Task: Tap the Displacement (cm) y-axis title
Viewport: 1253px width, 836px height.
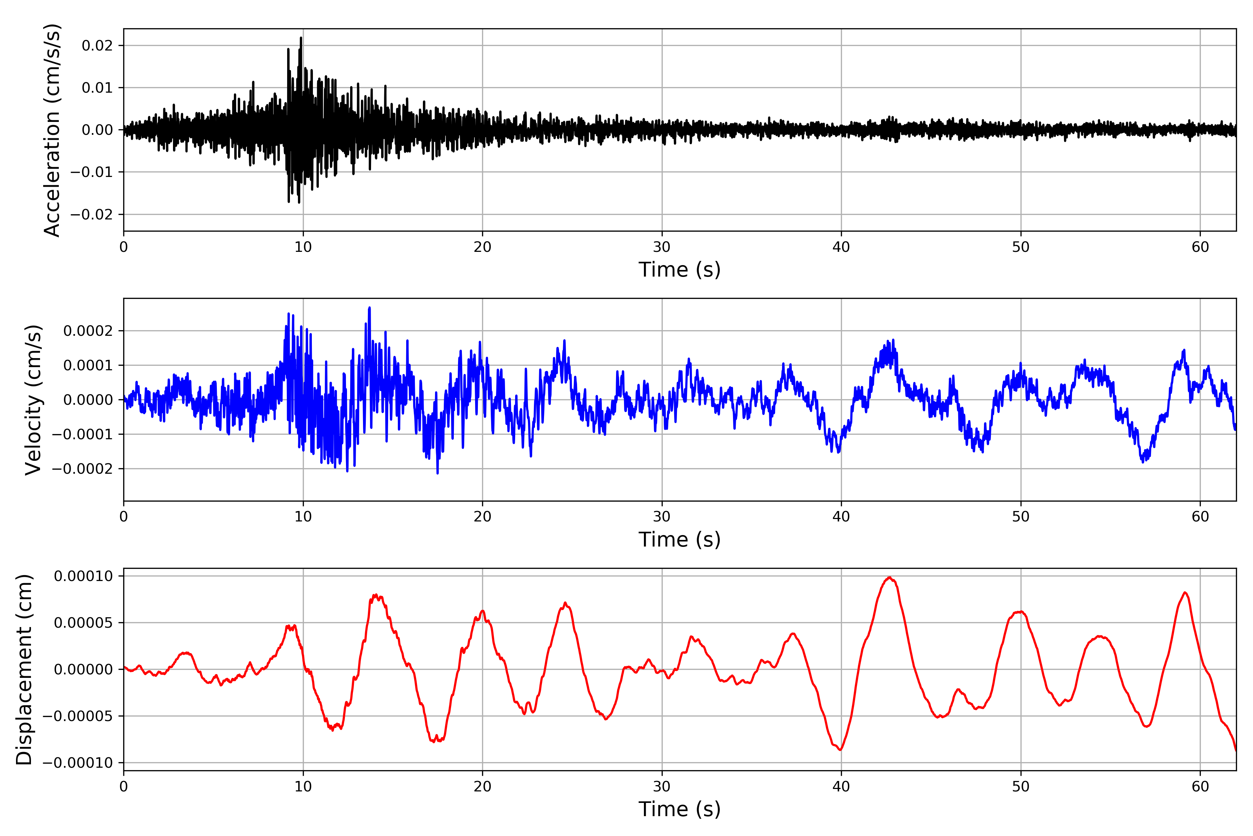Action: [24, 669]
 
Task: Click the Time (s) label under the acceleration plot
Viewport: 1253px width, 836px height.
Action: [679, 270]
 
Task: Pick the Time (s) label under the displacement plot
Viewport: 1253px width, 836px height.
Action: [679, 809]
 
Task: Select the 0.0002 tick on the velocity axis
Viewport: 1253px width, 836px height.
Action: [88, 331]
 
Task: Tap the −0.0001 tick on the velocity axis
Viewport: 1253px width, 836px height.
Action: [82, 434]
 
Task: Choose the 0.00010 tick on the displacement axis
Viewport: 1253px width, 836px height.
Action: [84, 576]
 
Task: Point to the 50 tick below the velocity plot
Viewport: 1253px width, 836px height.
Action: [1021, 517]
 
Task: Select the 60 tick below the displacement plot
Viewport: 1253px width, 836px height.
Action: [1200, 787]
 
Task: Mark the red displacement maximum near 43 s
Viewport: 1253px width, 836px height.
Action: [889, 578]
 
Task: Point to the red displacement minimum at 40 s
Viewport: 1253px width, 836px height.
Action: [841, 750]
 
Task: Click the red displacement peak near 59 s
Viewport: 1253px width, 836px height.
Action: [1185, 593]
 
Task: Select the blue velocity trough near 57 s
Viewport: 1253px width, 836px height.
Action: [1143, 462]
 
